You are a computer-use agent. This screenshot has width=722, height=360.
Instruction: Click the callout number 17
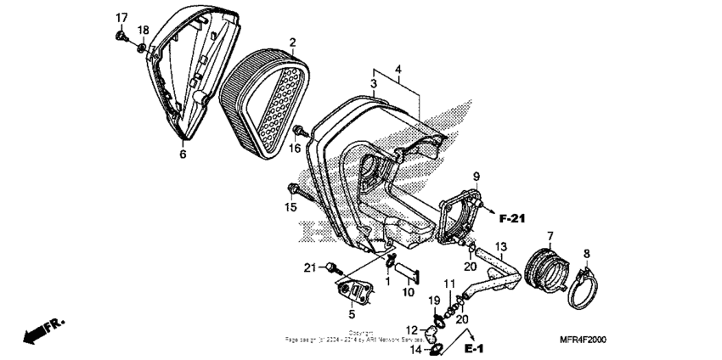(x=121, y=18)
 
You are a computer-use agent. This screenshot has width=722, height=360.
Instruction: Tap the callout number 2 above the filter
(x=292, y=42)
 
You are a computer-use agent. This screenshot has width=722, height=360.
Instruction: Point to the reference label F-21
(x=512, y=219)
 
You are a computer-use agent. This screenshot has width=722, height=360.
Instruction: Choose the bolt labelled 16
(x=300, y=132)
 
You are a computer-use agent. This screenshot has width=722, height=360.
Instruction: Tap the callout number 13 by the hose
(x=501, y=247)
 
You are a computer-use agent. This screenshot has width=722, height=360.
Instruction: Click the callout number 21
(x=308, y=268)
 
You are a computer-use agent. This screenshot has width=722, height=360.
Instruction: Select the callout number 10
(x=408, y=293)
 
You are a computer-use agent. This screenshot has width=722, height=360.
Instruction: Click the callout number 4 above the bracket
(x=397, y=68)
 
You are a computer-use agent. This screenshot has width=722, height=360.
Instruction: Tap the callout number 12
(x=410, y=329)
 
